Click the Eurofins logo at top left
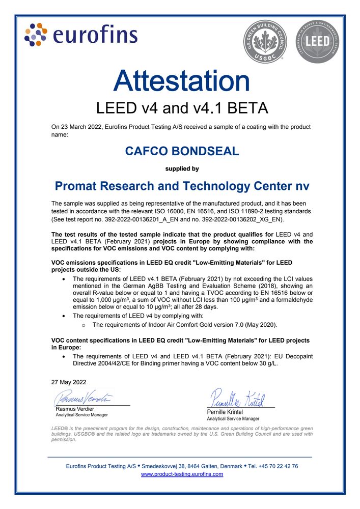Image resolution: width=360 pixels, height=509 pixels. [81, 35]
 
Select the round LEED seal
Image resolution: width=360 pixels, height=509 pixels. [316, 42]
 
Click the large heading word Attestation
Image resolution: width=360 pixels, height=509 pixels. [181, 81]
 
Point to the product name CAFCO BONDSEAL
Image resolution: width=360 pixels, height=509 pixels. [182, 151]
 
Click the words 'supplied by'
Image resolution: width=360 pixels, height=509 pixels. [182, 168]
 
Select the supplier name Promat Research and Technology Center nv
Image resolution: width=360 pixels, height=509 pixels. [182, 186]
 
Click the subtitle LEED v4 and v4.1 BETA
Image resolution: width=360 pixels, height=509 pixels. [182, 108]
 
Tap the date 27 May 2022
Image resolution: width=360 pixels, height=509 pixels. [69, 382]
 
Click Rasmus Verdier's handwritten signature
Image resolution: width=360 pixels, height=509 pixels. [85, 397]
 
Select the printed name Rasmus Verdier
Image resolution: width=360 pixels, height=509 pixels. [75, 409]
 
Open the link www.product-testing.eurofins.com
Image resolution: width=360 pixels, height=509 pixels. [182, 474]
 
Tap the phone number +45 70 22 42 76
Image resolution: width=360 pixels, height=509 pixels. [278, 466]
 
